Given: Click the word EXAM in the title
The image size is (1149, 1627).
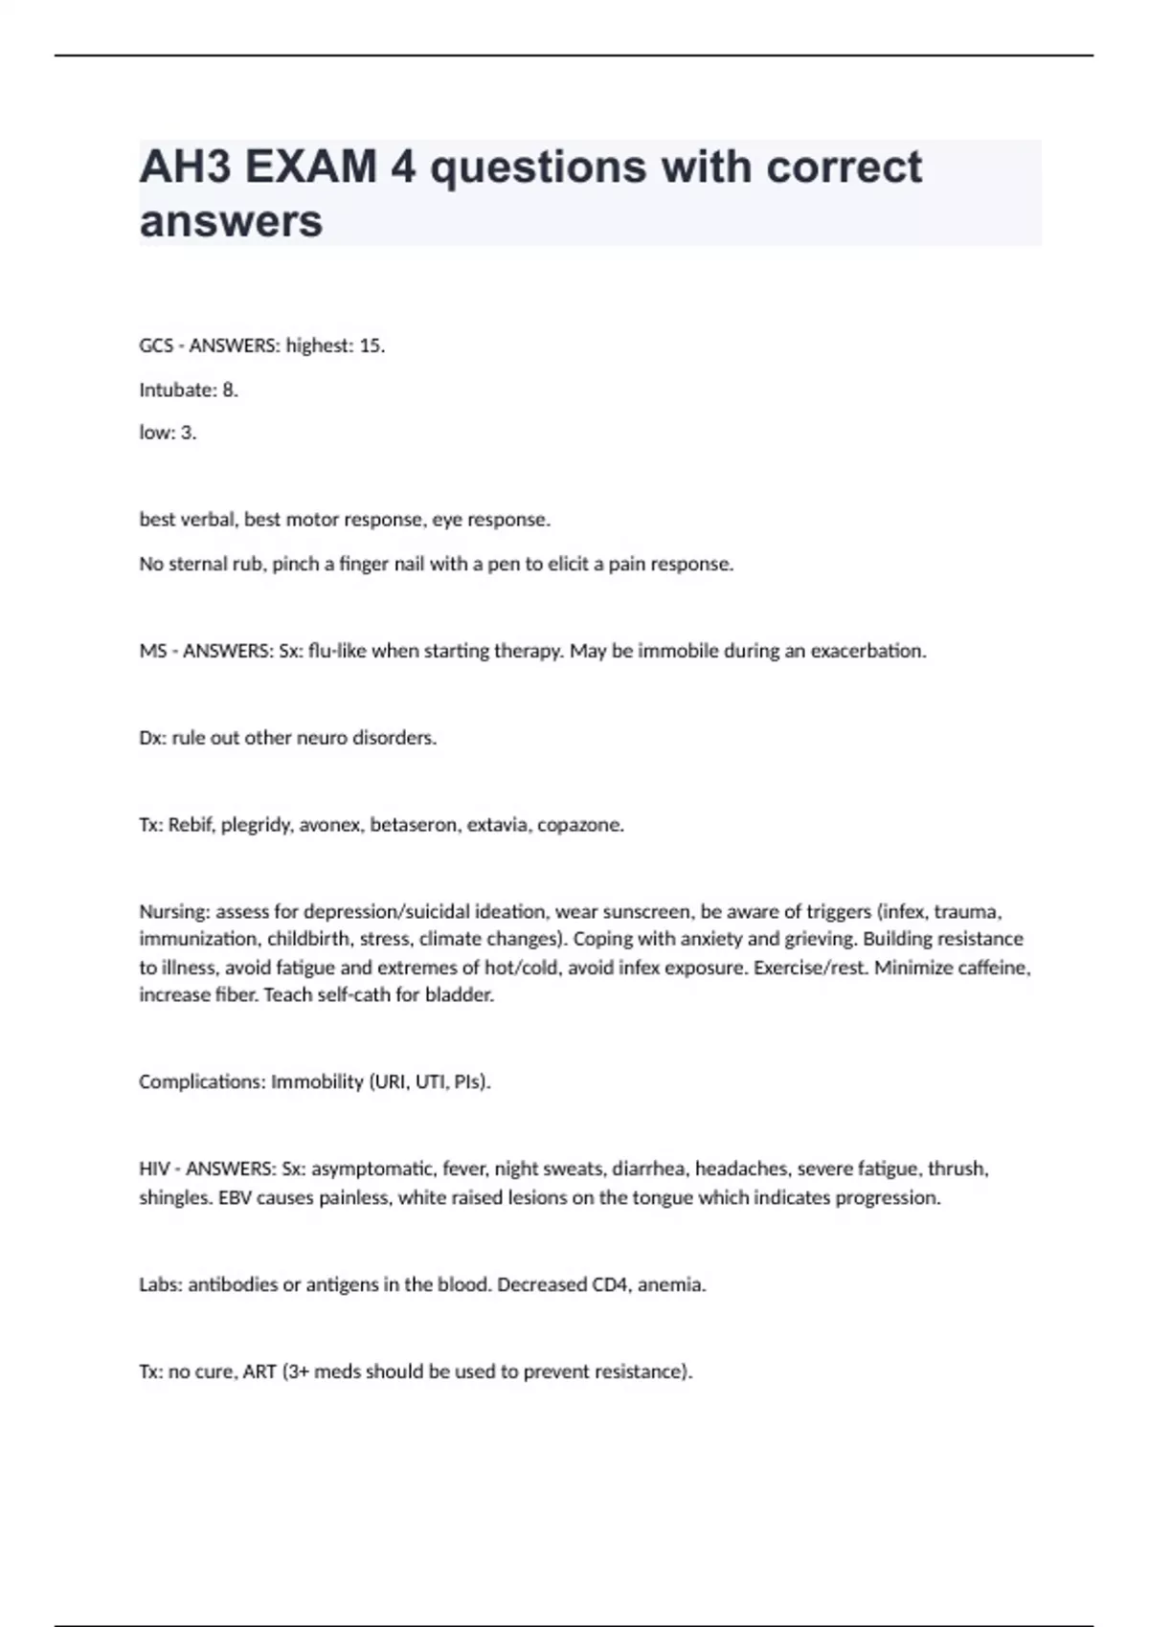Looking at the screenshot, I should click(x=311, y=167).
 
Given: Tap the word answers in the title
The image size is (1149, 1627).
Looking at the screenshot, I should click(x=231, y=221).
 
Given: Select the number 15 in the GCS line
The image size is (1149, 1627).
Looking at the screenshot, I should click(x=370, y=345).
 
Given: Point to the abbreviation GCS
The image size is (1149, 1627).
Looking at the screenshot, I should click(x=155, y=345).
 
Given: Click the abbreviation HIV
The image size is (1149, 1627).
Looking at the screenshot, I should click(x=154, y=1169).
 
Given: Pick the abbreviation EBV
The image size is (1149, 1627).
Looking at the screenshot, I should click(x=237, y=1197).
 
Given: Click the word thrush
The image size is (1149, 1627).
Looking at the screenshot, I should click(x=957, y=1169).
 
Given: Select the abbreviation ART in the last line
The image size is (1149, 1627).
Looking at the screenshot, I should click(x=259, y=1371).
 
